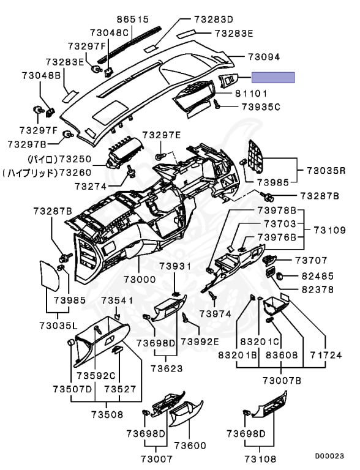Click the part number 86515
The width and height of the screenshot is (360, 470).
click(x=133, y=20)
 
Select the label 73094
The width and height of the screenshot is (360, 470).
click(x=264, y=57)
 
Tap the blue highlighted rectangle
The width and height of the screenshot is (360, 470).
click(x=273, y=78)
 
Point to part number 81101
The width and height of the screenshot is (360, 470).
click(x=251, y=94)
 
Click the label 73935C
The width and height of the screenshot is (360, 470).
click(x=261, y=107)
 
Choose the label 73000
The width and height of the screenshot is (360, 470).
click(x=140, y=279)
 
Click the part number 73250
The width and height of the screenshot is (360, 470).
click(x=75, y=159)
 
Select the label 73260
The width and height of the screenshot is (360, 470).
click(x=75, y=173)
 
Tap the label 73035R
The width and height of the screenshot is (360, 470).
click(x=326, y=171)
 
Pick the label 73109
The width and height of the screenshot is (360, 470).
click(x=330, y=230)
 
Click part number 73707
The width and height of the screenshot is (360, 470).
click(x=312, y=260)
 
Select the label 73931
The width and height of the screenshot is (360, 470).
click(x=175, y=266)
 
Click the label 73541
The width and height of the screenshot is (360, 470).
click(x=117, y=300)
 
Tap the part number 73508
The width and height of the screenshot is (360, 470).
click(x=107, y=414)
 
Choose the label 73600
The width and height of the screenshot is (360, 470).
click(x=190, y=446)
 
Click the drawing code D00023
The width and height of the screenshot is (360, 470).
click(x=329, y=456)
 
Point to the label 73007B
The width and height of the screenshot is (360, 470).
click(x=282, y=381)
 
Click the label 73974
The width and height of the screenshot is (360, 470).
click(x=216, y=314)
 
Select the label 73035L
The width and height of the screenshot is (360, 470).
click(x=58, y=325)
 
